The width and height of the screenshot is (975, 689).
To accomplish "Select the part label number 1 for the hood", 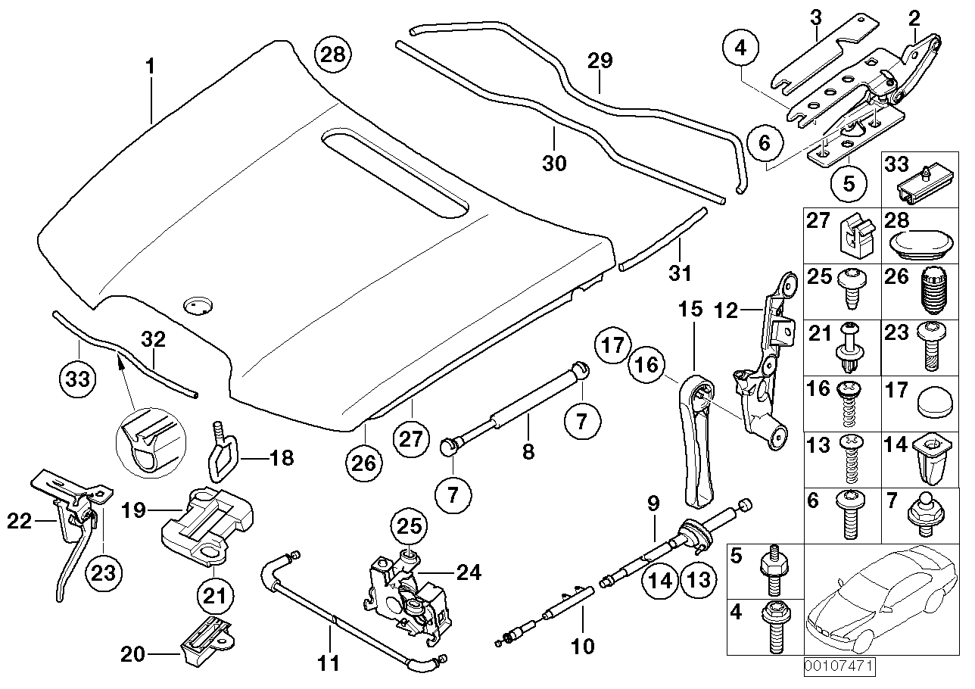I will [x=150, y=67].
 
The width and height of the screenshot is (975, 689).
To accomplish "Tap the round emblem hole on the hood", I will [x=198, y=305].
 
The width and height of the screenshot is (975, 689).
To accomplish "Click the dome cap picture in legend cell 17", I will [x=932, y=401].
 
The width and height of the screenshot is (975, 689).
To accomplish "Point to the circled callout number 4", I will [x=740, y=48].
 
